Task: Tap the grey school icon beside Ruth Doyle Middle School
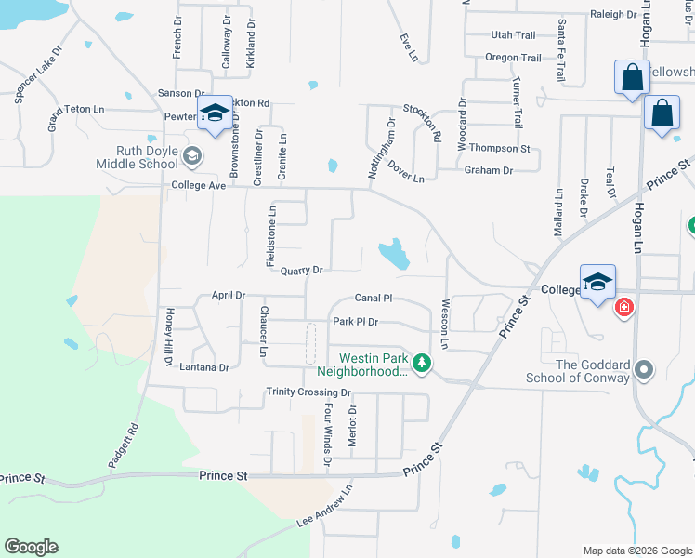click(x=192, y=156)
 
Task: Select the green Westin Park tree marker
click(x=422, y=362)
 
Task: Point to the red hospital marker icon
click(x=623, y=306)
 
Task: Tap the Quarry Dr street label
click(x=301, y=271)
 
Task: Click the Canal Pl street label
click(x=374, y=299)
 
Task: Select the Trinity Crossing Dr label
click(x=308, y=392)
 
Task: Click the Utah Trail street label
click(x=513, y=35)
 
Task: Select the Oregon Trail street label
click(x=513, y=58)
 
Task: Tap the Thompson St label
click(x=499, y=148)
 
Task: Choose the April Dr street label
click(x=228, y=295)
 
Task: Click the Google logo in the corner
click(x=31, y=547)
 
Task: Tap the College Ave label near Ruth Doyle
click(x=199, y=185)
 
